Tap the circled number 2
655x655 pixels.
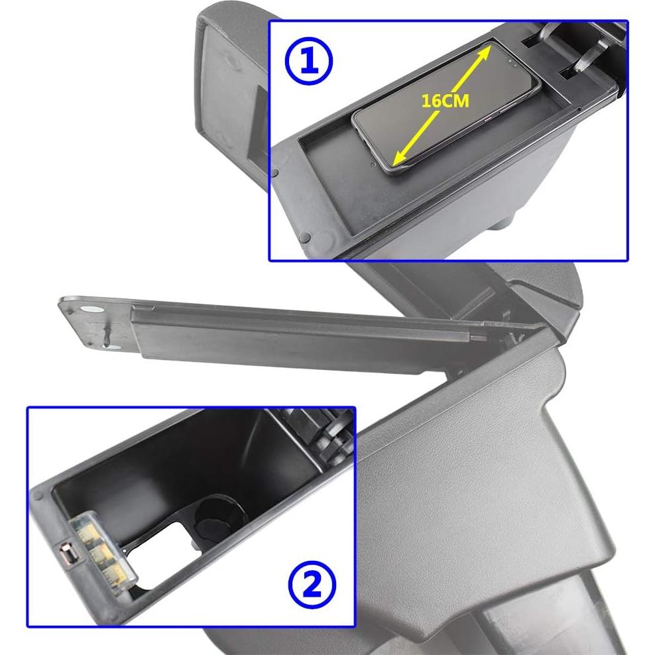312,584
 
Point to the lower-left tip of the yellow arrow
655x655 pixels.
396,163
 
